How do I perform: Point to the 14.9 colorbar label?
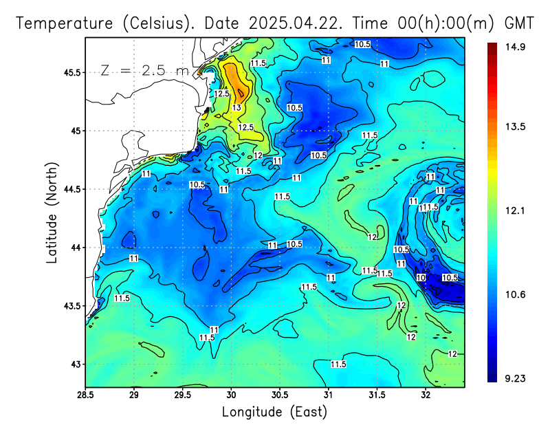[x=516, y=47]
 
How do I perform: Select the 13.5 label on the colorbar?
[x=516, y=127]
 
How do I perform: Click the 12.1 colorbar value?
[x=516, y=211]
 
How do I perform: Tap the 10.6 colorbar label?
[x=516, y=294]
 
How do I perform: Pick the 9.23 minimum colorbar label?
[x=516, y=378]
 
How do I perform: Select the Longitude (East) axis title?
[x=274, y=412]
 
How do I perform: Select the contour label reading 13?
[x=236, y=108]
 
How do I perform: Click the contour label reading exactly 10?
[x=421, y=277]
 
